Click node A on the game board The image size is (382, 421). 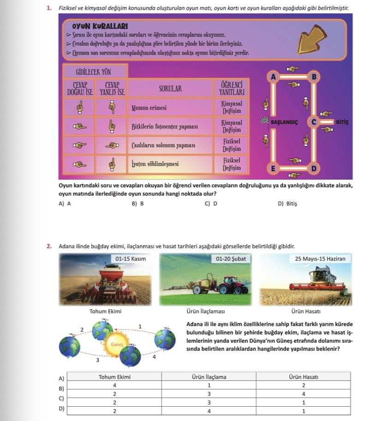(x=273, y=77)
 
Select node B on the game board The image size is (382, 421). (x=315, y=77)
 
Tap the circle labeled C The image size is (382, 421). (x=314, y=122)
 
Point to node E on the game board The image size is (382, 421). (x=273, y=168)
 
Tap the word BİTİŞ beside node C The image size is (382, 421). (x=342, y=122)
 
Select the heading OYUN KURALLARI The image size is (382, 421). (x=100, y=26)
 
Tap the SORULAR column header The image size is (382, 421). (x=170, y=89)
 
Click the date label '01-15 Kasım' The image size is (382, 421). (x=131, y=259)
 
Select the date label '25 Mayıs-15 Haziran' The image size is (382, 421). (x=320, y=259)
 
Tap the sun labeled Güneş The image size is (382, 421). (x=117, y=344)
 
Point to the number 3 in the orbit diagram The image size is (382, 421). (x=97, y=360)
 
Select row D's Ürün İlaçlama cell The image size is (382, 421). (x=209, y=410)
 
